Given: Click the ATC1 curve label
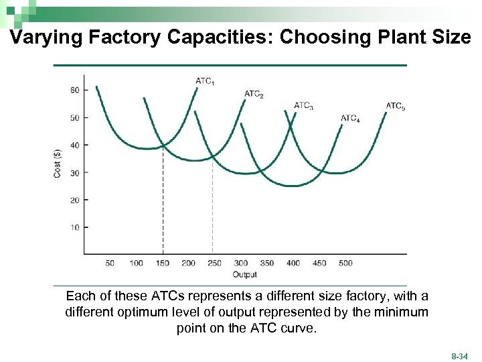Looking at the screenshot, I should (205, 81).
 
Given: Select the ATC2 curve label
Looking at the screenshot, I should (254, 94).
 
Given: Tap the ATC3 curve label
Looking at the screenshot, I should (303, 105).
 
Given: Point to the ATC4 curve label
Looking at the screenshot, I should (350, 119).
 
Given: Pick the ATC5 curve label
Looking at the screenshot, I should (396, 106).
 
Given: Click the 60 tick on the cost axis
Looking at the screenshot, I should (74, 90).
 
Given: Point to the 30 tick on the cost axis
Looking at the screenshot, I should (74, 173).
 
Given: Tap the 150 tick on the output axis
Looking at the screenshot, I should (163, 263).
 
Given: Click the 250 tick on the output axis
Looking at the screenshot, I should (214, 263).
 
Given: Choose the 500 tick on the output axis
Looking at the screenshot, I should (345, 263).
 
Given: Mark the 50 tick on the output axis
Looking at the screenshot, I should (110, 263).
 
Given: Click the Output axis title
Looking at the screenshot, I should (244, 274).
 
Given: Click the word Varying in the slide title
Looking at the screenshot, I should (44, 38).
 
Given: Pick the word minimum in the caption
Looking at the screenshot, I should (404, 312).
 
